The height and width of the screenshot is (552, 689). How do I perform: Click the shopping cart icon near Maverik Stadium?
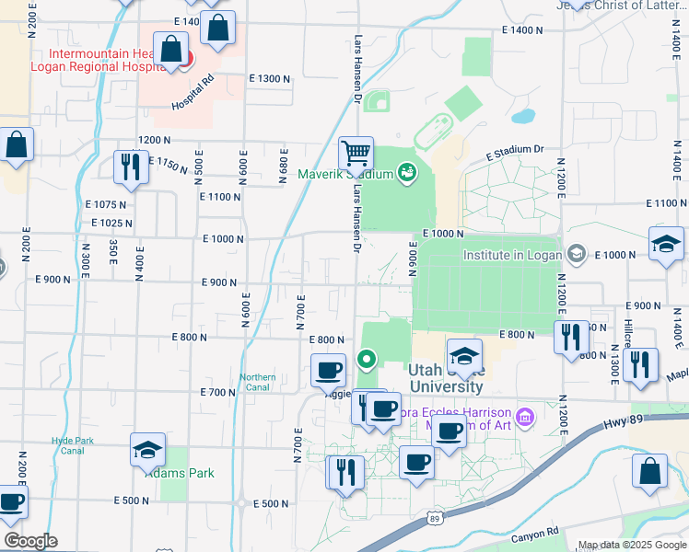pyautogui.click(x=355, y=152)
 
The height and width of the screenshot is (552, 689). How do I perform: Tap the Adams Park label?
pyautogui.click(x=187, y=473)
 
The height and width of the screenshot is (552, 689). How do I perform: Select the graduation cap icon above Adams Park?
pyautogui.click(x=147, y=449)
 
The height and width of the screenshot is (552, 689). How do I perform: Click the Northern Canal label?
pyautogui.click(x=258, y=382)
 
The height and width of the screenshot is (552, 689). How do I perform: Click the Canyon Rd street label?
pyautogui.click(x=535, y=533)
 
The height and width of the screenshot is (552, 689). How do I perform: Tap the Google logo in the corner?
pyautogui.click(x=29, y=541)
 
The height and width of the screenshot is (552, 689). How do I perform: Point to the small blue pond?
pyautogui.click(x=522, y=117)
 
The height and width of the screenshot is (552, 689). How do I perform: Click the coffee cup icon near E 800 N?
pyautogui.click(x=327, y=370)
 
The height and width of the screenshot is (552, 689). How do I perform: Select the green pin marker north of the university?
pyautogui.click(x=367, y=359)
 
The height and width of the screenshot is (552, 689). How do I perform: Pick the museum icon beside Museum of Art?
pyautogui.click(x=525, y=418)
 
